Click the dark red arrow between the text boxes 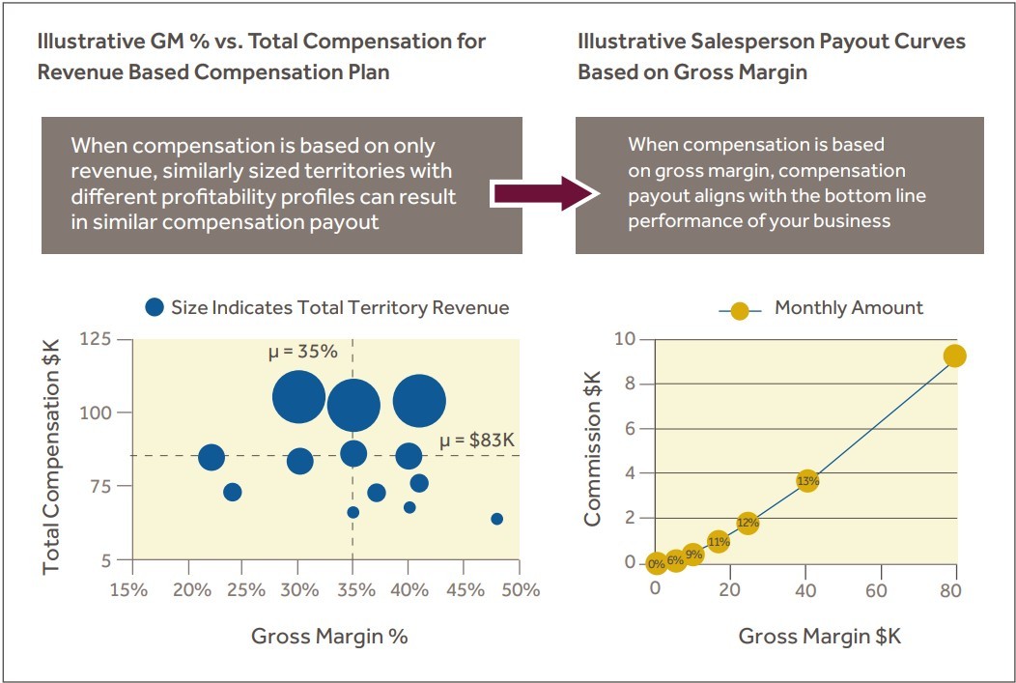(x=541, y=193)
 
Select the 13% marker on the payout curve (x=807, y=480)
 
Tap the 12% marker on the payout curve (x=748, y=523)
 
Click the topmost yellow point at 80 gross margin (x=954, y=356)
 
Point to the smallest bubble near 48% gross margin (x=496, y=519)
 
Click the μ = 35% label (x=302, y=352)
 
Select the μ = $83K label (x=477, y=441)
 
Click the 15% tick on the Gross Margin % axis (x=128, y=589)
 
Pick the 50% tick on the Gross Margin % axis (x=520, y=589)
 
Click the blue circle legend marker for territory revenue (x=155, y=308)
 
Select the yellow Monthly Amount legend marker (x=739, y=310)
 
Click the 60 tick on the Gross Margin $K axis (x=877, y=589)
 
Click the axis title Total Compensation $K (x=51, y=454)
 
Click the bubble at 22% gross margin (x=212, y=457)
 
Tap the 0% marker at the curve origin (x=656, y=563)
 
